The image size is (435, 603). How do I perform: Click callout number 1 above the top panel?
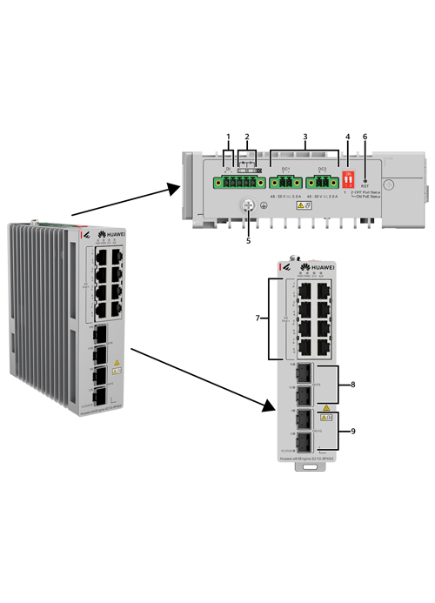point(229,137)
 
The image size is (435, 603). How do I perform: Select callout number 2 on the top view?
point(247,137)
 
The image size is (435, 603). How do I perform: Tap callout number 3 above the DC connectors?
point(304,137)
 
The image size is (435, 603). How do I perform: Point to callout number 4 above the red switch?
point(348,137)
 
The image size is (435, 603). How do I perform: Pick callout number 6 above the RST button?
point(365,137)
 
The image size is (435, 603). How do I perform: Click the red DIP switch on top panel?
point(349,179)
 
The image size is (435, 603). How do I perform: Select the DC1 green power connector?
point(284,183)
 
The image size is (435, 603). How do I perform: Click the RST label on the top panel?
point(365,185)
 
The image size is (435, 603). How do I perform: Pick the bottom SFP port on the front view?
point(304,440)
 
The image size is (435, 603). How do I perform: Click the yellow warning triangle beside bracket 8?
point(325,406)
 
